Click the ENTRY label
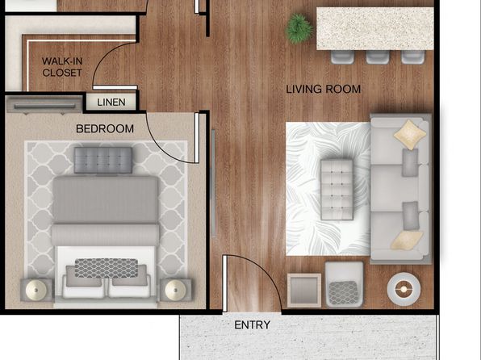tap(252, 324)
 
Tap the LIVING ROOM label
tap(324, 90)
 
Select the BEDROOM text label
tap(105, 128)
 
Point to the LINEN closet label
tap(111, 103)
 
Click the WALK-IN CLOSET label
tap(62, 67)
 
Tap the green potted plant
tap(299, 28)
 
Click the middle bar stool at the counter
tap(378, 57)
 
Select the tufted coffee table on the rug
tap(337, 190)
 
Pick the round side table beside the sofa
tap(404, 289)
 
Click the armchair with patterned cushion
tap(344, 284)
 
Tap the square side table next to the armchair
tap(304, 291)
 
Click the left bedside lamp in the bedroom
tap(36, 290)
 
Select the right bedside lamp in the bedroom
tap(175, 290)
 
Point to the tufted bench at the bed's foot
tap(103, 160)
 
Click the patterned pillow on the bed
tap(107, 268)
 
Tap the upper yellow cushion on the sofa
tap(410, 135)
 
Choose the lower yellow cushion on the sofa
tap(407, 240)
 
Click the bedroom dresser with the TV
tap(44, 105)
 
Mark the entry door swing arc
tap(265, 270)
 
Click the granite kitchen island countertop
tap(374, 28)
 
